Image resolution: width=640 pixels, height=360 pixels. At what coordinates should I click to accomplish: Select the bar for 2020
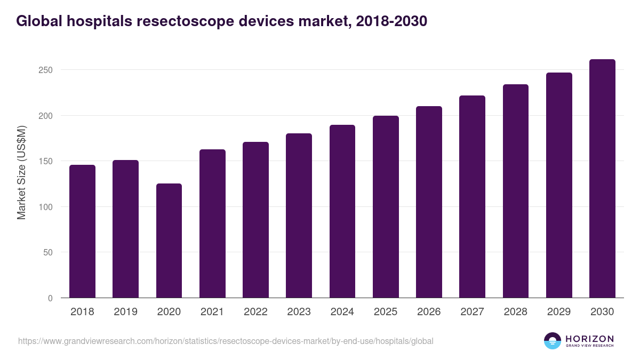point(169,241)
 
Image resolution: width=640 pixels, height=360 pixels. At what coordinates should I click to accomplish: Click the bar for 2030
point(602,179)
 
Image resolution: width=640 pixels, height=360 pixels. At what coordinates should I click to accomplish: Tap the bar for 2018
point(82,231)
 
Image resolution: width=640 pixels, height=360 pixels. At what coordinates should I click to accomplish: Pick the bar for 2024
point(342,211)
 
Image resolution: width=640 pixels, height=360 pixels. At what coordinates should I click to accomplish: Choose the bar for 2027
point(472,197)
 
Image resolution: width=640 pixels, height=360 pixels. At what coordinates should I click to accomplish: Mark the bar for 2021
point(212,223)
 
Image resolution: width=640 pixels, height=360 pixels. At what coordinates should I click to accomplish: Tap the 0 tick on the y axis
point(50,298)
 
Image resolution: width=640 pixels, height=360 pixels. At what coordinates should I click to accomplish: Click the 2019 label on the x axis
point(125,312)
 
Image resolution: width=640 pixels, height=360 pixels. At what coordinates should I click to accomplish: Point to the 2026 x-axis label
point(429,312)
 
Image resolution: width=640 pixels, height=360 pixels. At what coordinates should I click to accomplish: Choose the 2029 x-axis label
point(559,312)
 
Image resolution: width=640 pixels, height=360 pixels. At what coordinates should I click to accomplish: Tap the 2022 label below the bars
point(255,312)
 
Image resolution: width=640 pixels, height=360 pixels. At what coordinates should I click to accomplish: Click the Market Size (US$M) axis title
point(21,173)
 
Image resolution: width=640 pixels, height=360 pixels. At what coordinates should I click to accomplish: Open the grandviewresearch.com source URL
point(226,341)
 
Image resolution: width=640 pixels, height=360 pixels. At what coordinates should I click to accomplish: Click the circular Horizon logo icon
point(553,341)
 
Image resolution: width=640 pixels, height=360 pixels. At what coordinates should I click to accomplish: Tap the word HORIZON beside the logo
point(589,339)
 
